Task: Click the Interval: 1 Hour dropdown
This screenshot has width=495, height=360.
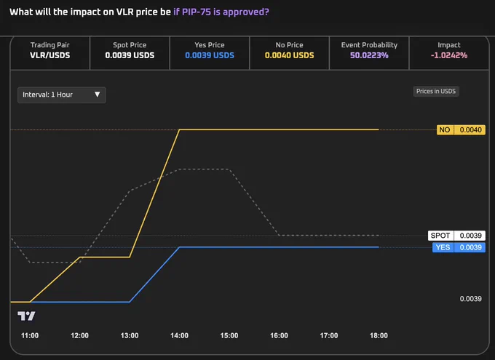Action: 62,95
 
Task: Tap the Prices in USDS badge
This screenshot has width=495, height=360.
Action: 436,92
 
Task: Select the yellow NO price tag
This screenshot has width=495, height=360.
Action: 461,130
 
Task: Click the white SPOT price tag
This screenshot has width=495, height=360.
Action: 456,236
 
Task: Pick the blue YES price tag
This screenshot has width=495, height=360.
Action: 459,247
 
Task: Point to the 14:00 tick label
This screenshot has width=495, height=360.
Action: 179,336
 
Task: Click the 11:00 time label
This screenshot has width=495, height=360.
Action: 30,336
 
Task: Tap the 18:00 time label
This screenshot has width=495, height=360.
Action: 379,336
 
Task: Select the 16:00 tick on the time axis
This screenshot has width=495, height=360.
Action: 279,336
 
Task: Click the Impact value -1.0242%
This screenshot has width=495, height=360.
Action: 449,55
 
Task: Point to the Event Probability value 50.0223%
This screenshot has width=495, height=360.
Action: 369,55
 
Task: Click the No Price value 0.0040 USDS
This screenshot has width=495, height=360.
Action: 289,55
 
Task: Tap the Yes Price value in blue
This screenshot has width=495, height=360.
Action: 210,55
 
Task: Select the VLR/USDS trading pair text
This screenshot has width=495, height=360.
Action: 50,55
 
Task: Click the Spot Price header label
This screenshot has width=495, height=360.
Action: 130,45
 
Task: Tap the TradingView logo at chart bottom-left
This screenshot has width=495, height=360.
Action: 26,316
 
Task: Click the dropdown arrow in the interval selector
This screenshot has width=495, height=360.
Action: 98,95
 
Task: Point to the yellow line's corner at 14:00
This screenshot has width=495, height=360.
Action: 179,129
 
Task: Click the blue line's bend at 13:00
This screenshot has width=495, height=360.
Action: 130,302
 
